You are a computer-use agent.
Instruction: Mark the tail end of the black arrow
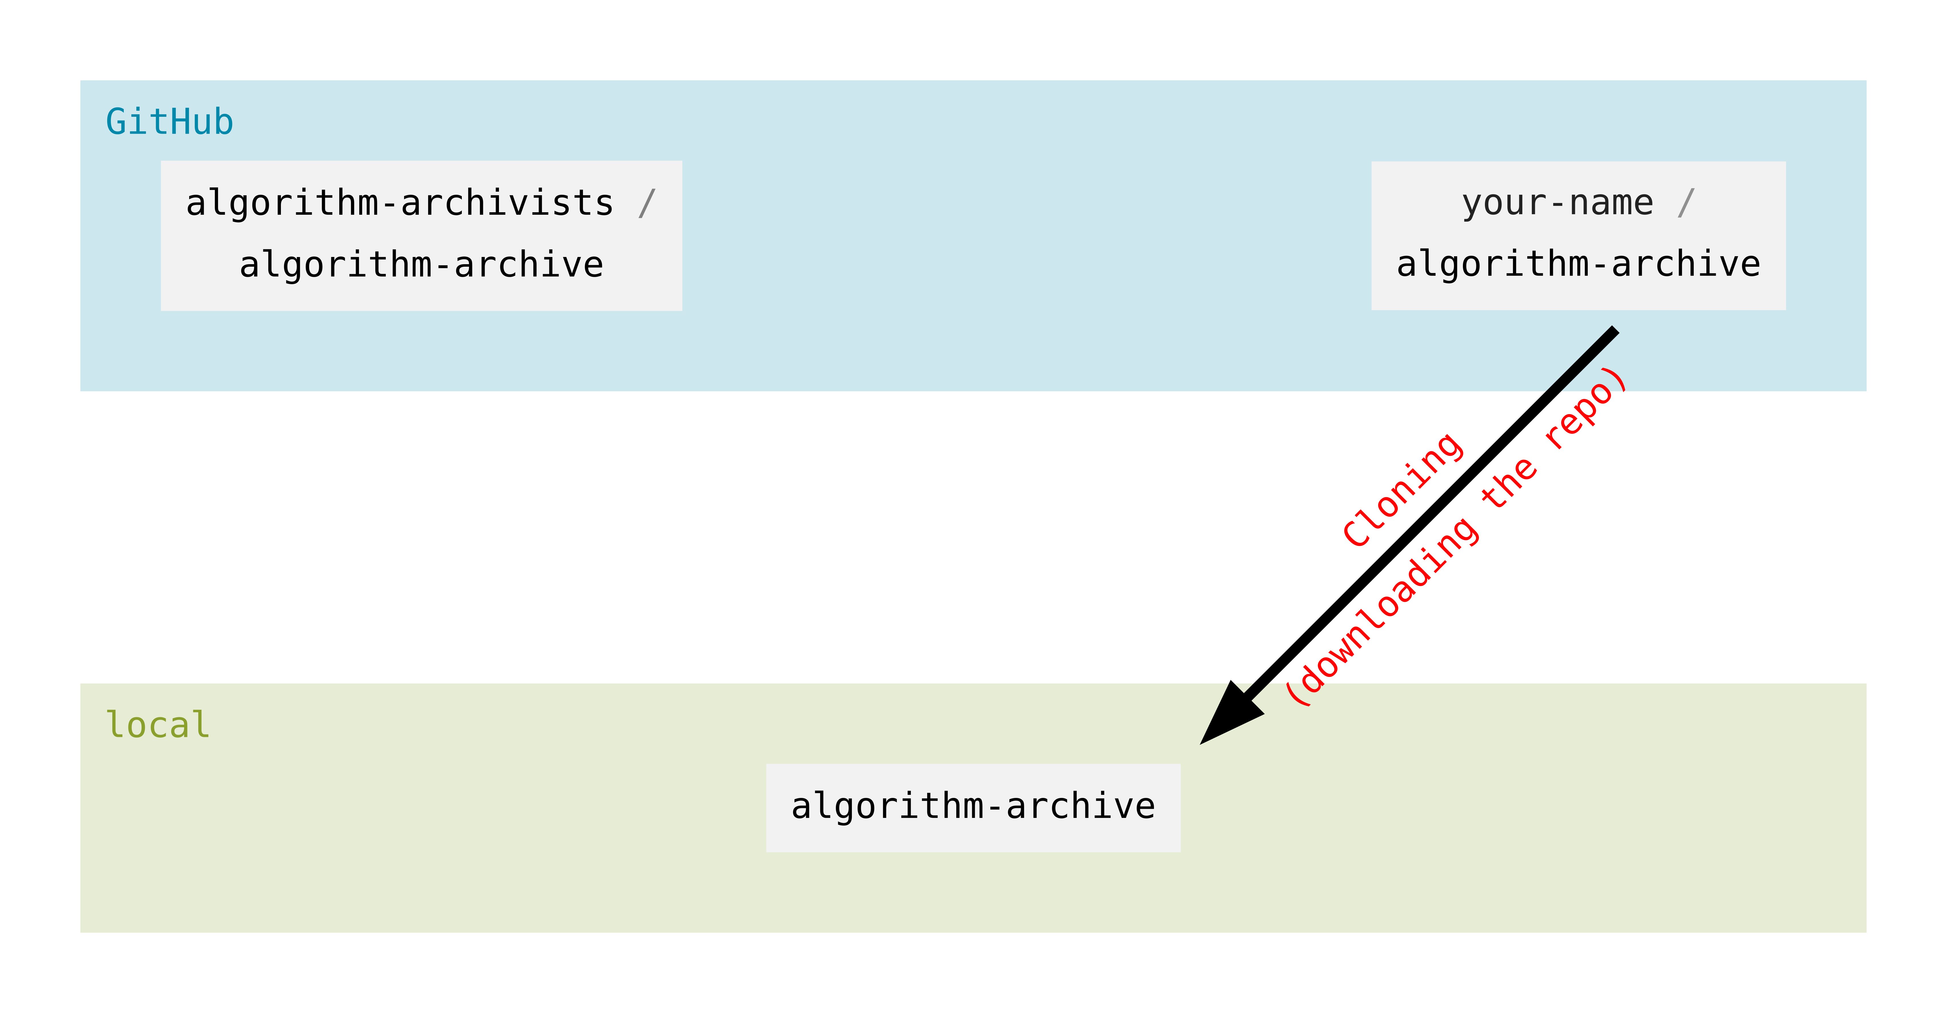point(1614,330)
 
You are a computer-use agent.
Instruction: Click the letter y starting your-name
point(1471,204)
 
